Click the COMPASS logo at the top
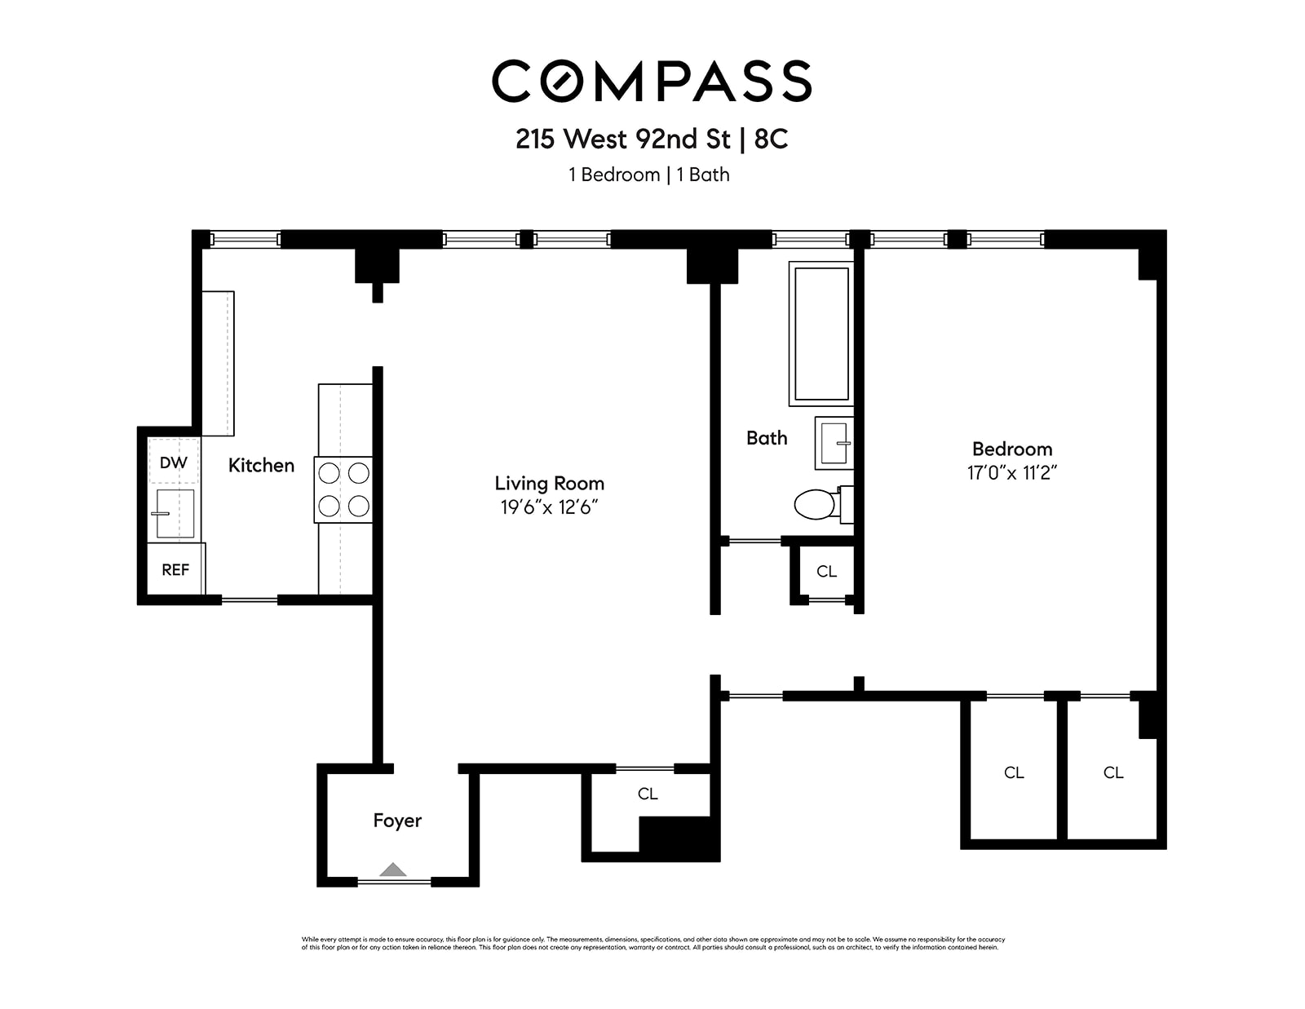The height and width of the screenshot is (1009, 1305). tap(652, 81)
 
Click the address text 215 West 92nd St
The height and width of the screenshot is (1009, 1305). tap(623, 139)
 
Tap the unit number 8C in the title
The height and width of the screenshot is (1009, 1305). tap(771, 139)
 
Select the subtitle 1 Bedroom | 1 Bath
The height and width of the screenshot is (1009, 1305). tap(649, 175)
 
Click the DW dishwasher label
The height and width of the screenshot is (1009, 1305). tap(173, 462)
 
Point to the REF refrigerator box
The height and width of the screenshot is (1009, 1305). tap(175, 569)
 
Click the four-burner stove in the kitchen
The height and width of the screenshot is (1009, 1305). tap(343, 489)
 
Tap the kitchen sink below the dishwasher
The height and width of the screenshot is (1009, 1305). tap(174, 513)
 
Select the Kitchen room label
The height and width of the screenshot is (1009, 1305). tap(261, 465)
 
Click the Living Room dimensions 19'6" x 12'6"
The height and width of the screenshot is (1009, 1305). tap(550, 507)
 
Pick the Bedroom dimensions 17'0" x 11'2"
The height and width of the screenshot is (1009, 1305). tap(1012, 473)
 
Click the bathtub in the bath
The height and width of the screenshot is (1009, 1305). tap(821, 334)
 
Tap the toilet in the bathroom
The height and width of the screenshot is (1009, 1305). tap(816, 505)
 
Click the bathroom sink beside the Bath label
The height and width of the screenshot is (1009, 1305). tap(834, 443)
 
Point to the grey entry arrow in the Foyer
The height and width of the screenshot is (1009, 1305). tap(393, 870)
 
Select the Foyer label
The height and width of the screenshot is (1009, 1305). tap(397, 821)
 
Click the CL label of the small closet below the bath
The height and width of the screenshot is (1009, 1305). tap(826, 572)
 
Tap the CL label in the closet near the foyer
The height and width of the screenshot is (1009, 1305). tap(648, 794)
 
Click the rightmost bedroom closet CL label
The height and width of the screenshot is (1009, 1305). tap(1113, 772)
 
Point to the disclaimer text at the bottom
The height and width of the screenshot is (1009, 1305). tap(652, 943)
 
